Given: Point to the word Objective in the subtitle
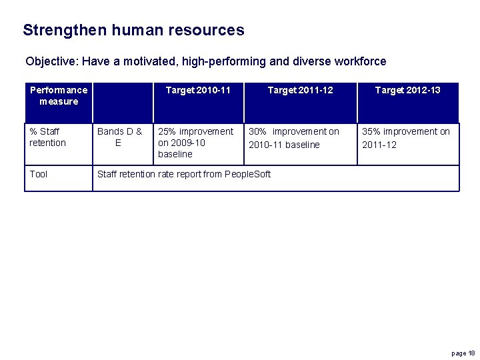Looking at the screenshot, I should [x=51, y=62].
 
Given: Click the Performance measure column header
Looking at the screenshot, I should [x=59, y=95].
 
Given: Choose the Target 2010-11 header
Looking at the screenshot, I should [x=198, y=90].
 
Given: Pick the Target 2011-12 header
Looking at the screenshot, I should [x=300, y=90].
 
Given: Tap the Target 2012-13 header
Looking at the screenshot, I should [x=407, y=90].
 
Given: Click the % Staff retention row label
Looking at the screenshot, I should [x=48, y=137].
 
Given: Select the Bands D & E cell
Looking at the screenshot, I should [x=119, y=137].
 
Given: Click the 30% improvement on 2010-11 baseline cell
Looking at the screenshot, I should [x=293, y=138].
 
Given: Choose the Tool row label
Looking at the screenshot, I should [x=39, y=174].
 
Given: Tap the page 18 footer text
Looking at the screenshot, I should [x=463, y=353].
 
